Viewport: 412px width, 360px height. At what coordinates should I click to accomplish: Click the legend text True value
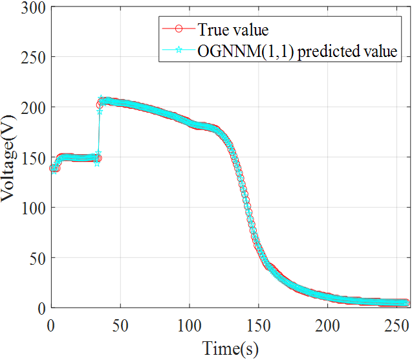(233, 30)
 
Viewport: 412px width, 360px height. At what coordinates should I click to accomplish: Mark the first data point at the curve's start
(52, 168)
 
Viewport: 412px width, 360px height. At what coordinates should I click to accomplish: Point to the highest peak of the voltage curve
(102, 100)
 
